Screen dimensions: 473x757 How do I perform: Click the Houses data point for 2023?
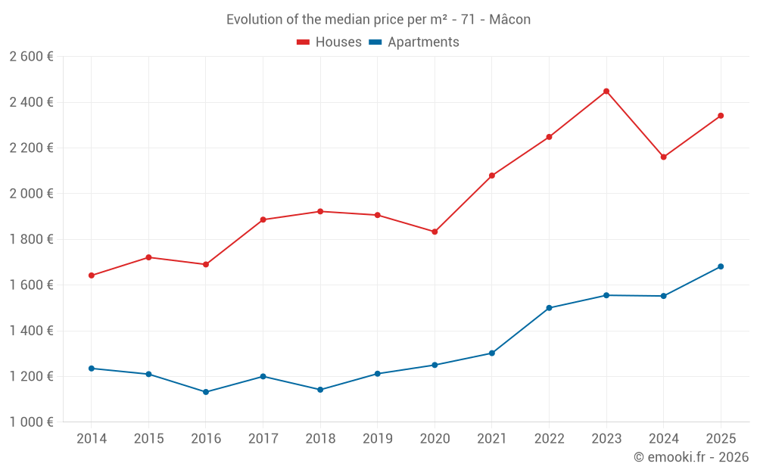pos(606,92)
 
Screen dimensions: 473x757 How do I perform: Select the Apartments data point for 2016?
pos(206,392)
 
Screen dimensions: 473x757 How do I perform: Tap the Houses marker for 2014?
pos(92,275)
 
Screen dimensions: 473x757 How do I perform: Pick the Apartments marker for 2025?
pos(721,266)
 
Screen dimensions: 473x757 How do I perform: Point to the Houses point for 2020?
pos(435,232)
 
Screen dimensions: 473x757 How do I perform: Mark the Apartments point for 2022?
pos(549,308)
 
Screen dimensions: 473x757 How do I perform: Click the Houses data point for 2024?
pos(664,157)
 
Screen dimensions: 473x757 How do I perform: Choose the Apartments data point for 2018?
pos(320,390)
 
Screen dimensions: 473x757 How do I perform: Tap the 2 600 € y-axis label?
pos(31,57)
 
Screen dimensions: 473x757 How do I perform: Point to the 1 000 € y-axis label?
pos(31,422)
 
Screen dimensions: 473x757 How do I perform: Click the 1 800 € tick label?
pos(31,239)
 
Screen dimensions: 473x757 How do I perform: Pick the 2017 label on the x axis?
pos(263,439)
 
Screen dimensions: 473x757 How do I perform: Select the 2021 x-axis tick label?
pos(492,439)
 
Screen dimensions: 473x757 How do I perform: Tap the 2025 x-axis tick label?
pos(721,439)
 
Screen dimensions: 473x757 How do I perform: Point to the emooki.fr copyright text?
pos(691,457)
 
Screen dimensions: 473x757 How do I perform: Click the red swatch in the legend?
pos(304,42)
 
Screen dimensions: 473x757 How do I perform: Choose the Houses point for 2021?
pos(492,176)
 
